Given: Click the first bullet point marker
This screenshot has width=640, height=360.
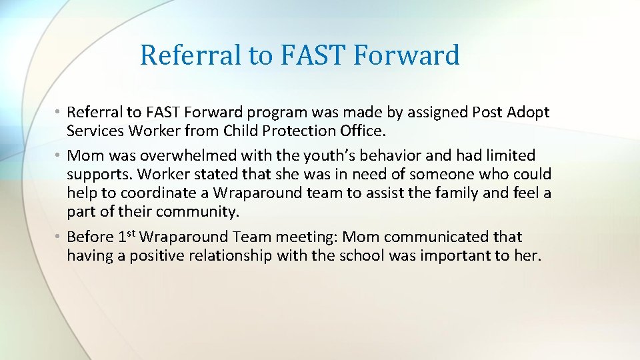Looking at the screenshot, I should [x=59, y=112].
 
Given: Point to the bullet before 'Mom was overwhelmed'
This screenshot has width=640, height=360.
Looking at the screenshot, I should [x=59, y=156].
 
